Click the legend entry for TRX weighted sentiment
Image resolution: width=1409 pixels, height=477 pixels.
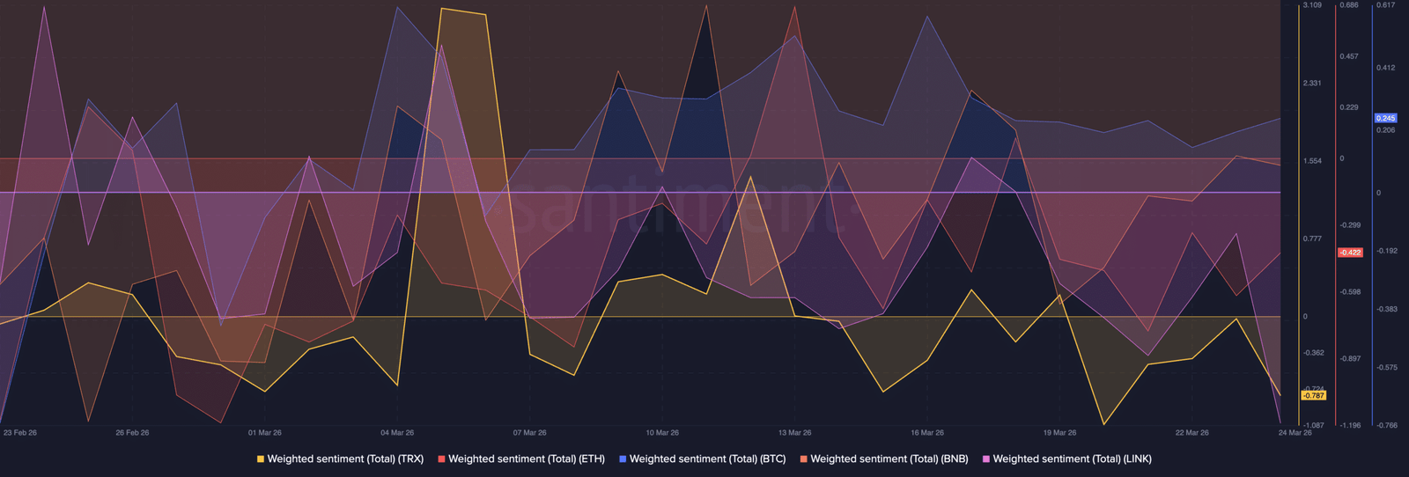[344, 459]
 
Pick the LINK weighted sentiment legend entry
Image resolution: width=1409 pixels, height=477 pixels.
[1071, 459]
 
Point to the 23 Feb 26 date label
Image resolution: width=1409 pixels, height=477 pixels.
[20, 433]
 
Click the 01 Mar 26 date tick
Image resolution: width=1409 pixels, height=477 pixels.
[265, 433]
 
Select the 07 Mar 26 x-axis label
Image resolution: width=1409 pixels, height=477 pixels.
[530, 433]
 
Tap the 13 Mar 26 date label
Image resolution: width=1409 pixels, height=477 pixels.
[794, 433]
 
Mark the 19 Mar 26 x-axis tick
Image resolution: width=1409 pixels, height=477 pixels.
[1059, 433]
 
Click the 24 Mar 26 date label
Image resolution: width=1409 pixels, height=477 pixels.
[1295, 433]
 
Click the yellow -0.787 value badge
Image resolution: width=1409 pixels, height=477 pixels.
[1313, 396]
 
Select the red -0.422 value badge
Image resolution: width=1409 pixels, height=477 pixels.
[1350, 253]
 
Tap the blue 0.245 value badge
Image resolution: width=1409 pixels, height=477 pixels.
[1386, 118]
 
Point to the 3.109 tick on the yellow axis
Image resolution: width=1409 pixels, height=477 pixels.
[1312, 5]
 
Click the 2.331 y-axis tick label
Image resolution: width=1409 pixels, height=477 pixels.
[1312, 84]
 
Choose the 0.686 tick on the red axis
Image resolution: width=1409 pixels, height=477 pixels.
[1349, 5]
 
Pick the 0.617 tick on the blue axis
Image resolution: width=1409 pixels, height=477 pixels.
[1386, 5]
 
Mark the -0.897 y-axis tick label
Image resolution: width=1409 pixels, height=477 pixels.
[1350, 359]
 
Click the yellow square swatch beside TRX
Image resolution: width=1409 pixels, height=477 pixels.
[261, 459]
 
